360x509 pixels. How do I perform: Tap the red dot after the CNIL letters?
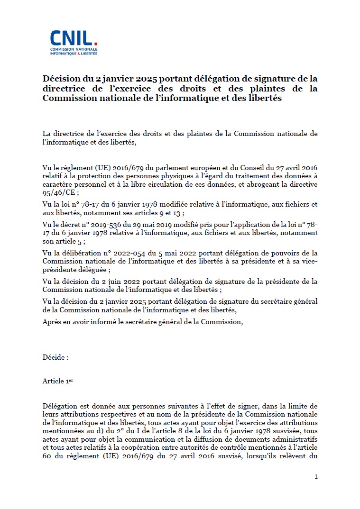[x=96, y=44]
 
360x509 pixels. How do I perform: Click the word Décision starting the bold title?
[x=60, y=78]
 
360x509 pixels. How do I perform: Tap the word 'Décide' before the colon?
[x=54, y=357]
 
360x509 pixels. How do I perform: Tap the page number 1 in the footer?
[x=316, y=477]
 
